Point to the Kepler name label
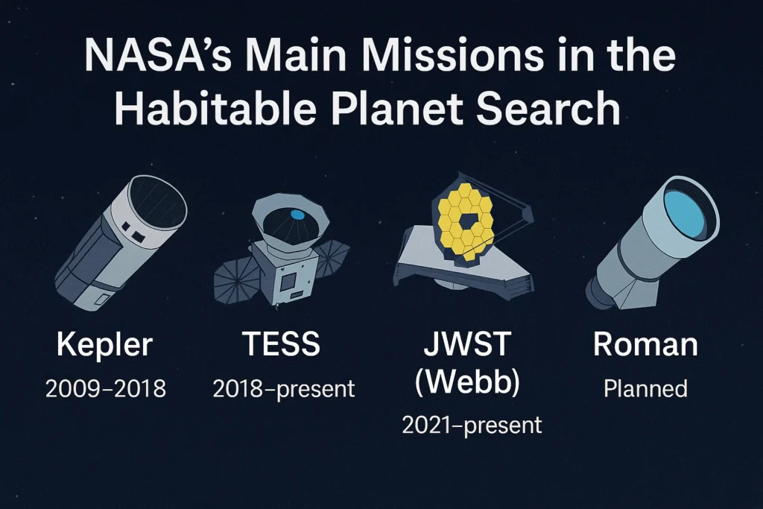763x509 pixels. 104,345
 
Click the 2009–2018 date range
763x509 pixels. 105,388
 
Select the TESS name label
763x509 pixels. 281,345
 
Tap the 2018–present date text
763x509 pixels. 284,388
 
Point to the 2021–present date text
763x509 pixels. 472,426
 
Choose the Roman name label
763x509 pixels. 645,345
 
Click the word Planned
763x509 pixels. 645,388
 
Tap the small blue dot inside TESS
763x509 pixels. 297,215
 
